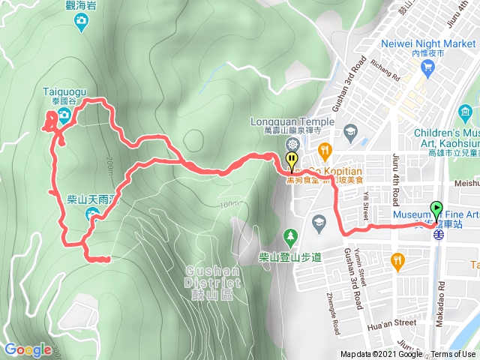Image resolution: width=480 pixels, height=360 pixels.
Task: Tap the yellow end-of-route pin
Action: point(291,159)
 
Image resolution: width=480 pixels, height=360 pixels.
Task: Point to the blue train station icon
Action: point(438,233)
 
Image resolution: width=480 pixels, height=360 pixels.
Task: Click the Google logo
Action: point(28,349)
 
